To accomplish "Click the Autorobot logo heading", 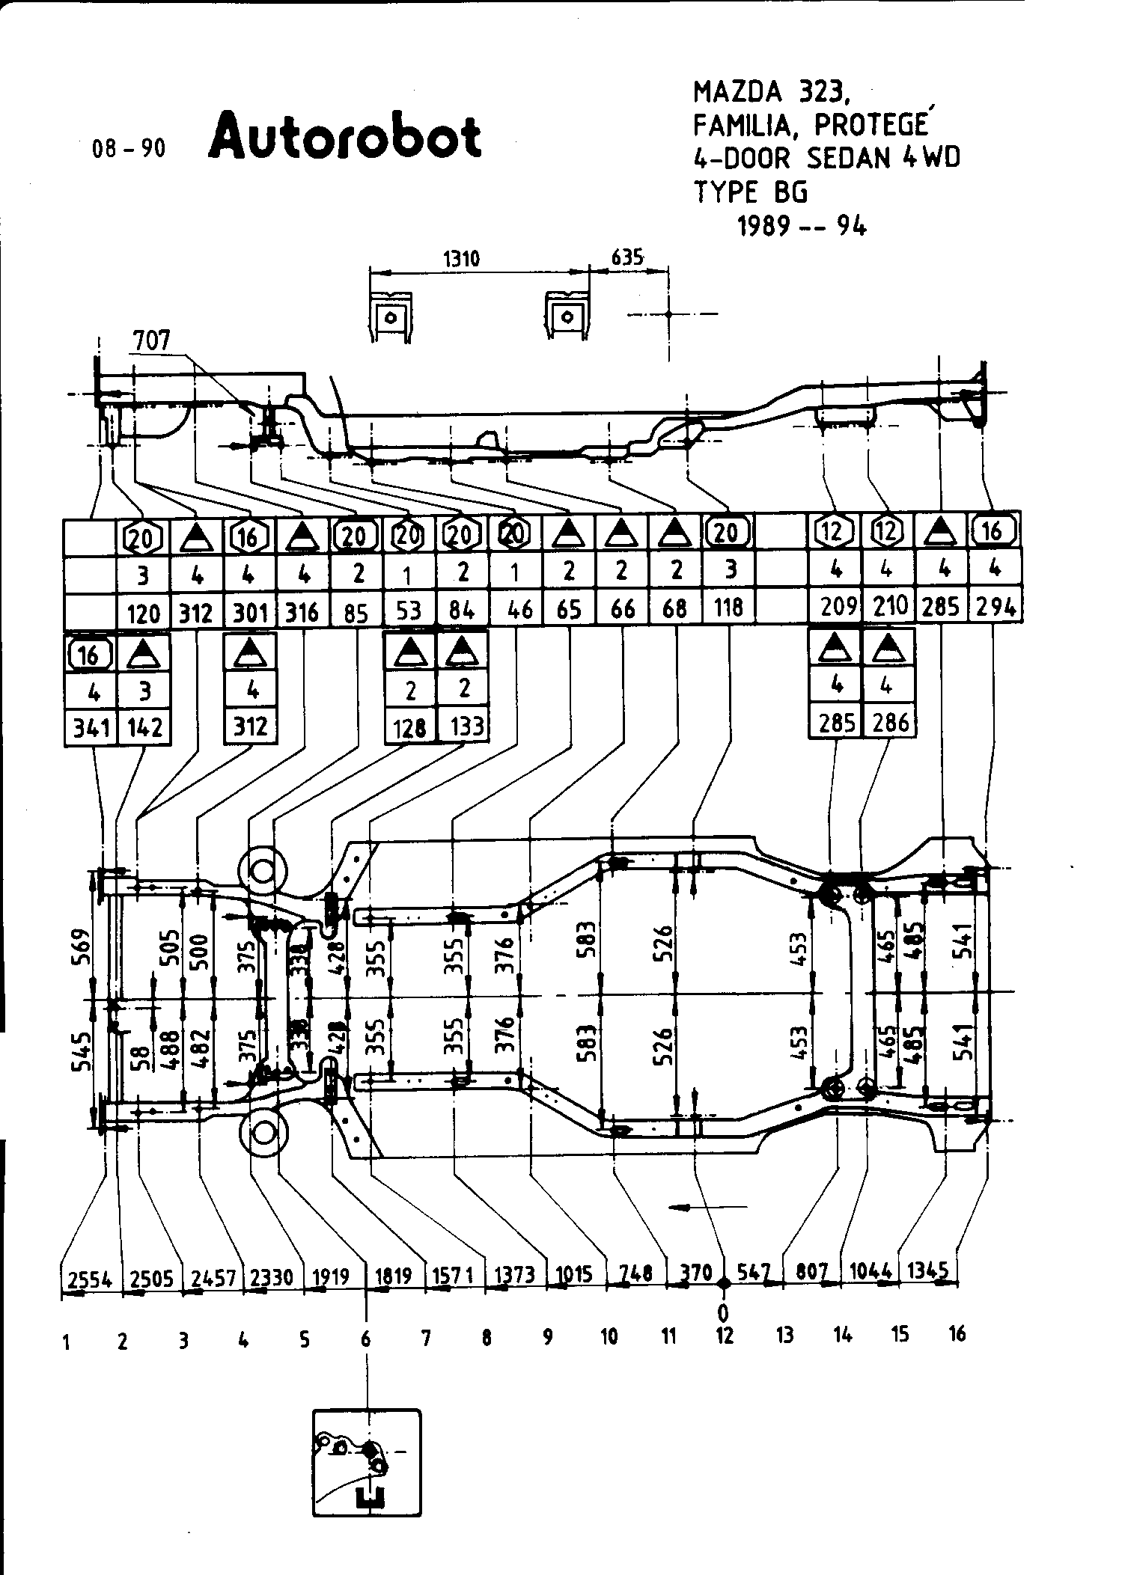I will tap(344, 137).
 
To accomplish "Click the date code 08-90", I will tap(128, 148).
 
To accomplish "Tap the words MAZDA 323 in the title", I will tap(771, 92).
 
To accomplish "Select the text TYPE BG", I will tap(751, 192).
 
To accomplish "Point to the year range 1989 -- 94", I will tap(802, 225).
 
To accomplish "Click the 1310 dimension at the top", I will tap(461, 260).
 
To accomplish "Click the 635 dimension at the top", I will tap(627, 258).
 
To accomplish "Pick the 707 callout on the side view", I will tap(151, 341).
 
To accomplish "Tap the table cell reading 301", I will tap(250, 612).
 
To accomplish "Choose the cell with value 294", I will tap(996, 608).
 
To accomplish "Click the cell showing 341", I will tap(90, 727).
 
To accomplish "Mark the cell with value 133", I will tap(465, 725).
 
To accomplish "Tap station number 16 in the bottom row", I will tap(957, 1333).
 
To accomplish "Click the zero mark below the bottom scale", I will tap(723, 1312).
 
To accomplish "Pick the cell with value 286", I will tap(890, 723).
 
